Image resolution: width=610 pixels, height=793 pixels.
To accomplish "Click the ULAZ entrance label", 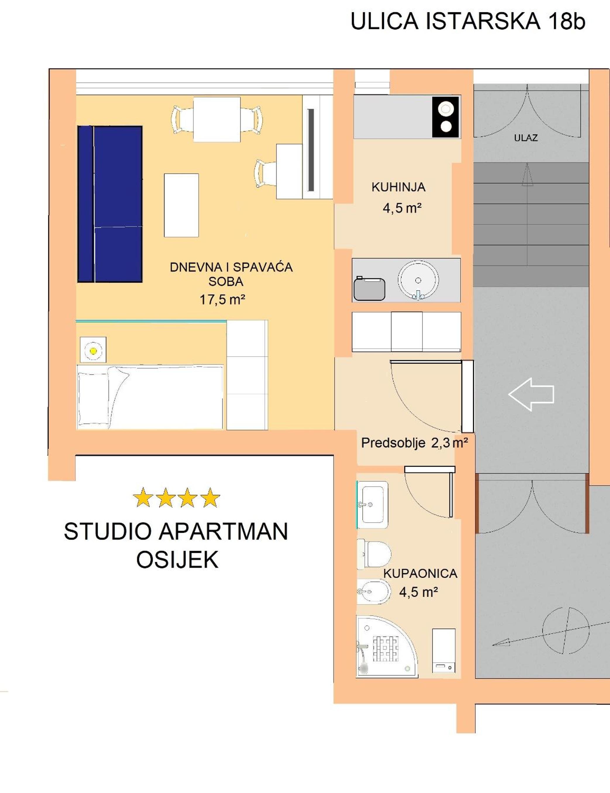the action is click(525, 138).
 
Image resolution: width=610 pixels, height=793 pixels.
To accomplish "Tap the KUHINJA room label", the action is click(398, 187).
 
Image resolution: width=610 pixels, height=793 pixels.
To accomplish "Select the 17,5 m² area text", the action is click(222, 300).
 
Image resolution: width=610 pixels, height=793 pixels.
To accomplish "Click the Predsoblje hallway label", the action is click(393, 443).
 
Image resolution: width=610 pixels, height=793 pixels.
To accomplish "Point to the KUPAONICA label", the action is click(420, 574).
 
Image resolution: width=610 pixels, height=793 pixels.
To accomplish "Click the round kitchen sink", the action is click(418, 280).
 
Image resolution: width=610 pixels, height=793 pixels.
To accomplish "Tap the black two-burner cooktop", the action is click(446, 117).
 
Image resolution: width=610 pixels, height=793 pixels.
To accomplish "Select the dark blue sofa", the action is click(110, 204).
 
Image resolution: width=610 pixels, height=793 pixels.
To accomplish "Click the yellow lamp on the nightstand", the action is click(93, 351).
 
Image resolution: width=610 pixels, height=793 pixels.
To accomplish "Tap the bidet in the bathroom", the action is click(374, 592).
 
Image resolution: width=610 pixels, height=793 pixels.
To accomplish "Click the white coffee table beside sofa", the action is click(181, 206).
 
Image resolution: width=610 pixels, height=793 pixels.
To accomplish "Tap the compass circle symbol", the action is click(566, 630).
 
